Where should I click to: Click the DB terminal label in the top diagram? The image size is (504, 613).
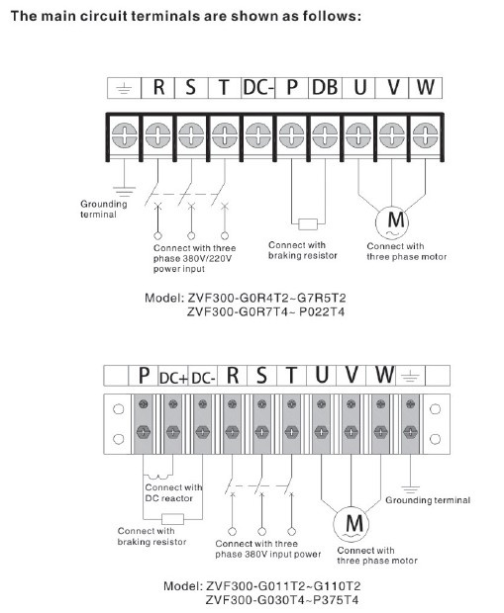point(325,87)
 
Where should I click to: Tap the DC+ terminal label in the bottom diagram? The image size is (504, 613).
point(174,378)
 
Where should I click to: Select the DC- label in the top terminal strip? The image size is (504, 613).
point(258,87)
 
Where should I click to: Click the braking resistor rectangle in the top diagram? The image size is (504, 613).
point(308,224)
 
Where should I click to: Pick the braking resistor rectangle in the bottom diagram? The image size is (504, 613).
point(172,519)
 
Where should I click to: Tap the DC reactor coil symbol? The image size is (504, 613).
point(158,477)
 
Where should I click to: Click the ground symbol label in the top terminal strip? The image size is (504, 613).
point(124,89)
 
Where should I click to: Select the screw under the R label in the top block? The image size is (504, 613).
point(157,135)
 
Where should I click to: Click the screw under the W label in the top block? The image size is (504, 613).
point(426,135)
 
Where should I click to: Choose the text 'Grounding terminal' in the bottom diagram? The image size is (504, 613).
point(428,500)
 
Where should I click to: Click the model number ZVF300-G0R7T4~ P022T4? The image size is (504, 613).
point(265,312)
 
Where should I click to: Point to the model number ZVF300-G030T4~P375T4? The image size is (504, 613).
point(282,600)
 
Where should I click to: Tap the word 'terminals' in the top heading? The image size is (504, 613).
point(166,16)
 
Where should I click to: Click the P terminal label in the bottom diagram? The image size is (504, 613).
point(145,376)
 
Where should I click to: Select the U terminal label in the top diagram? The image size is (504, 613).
point(359,87)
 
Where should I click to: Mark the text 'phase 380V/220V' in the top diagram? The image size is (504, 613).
point(193,258)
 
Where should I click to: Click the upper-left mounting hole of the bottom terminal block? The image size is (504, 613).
point(118,409)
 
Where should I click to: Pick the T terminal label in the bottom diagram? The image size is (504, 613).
point(291,376)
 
